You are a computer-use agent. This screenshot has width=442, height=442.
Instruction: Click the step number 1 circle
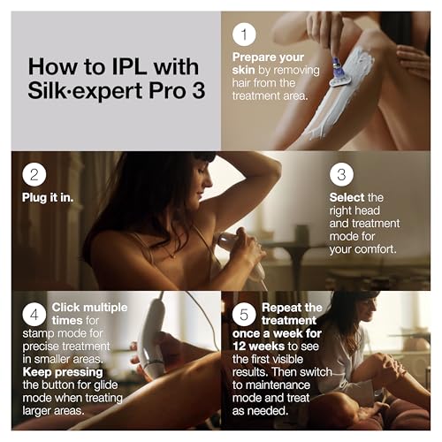(244, 34)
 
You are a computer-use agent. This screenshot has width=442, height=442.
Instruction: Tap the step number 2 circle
(34, 174)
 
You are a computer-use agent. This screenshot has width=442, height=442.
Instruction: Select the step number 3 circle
(341, 174)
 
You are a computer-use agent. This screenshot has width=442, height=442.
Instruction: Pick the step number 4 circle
(34, 314)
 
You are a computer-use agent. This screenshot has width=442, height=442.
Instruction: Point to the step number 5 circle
(244, 314)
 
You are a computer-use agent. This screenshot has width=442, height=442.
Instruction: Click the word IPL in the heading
(129, 66)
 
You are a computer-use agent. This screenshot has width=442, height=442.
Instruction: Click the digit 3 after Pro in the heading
(198, 90)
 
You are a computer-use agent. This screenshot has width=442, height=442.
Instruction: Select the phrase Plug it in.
(48, 197)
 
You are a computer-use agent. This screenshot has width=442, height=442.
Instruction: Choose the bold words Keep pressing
(63, 372)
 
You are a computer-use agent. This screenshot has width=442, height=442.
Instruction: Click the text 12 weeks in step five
(258, 347)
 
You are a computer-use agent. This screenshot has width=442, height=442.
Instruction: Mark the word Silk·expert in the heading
(85, 91)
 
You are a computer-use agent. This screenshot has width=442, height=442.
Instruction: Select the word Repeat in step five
(281, 308)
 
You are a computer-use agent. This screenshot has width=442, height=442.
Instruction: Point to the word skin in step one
(243, 70)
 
